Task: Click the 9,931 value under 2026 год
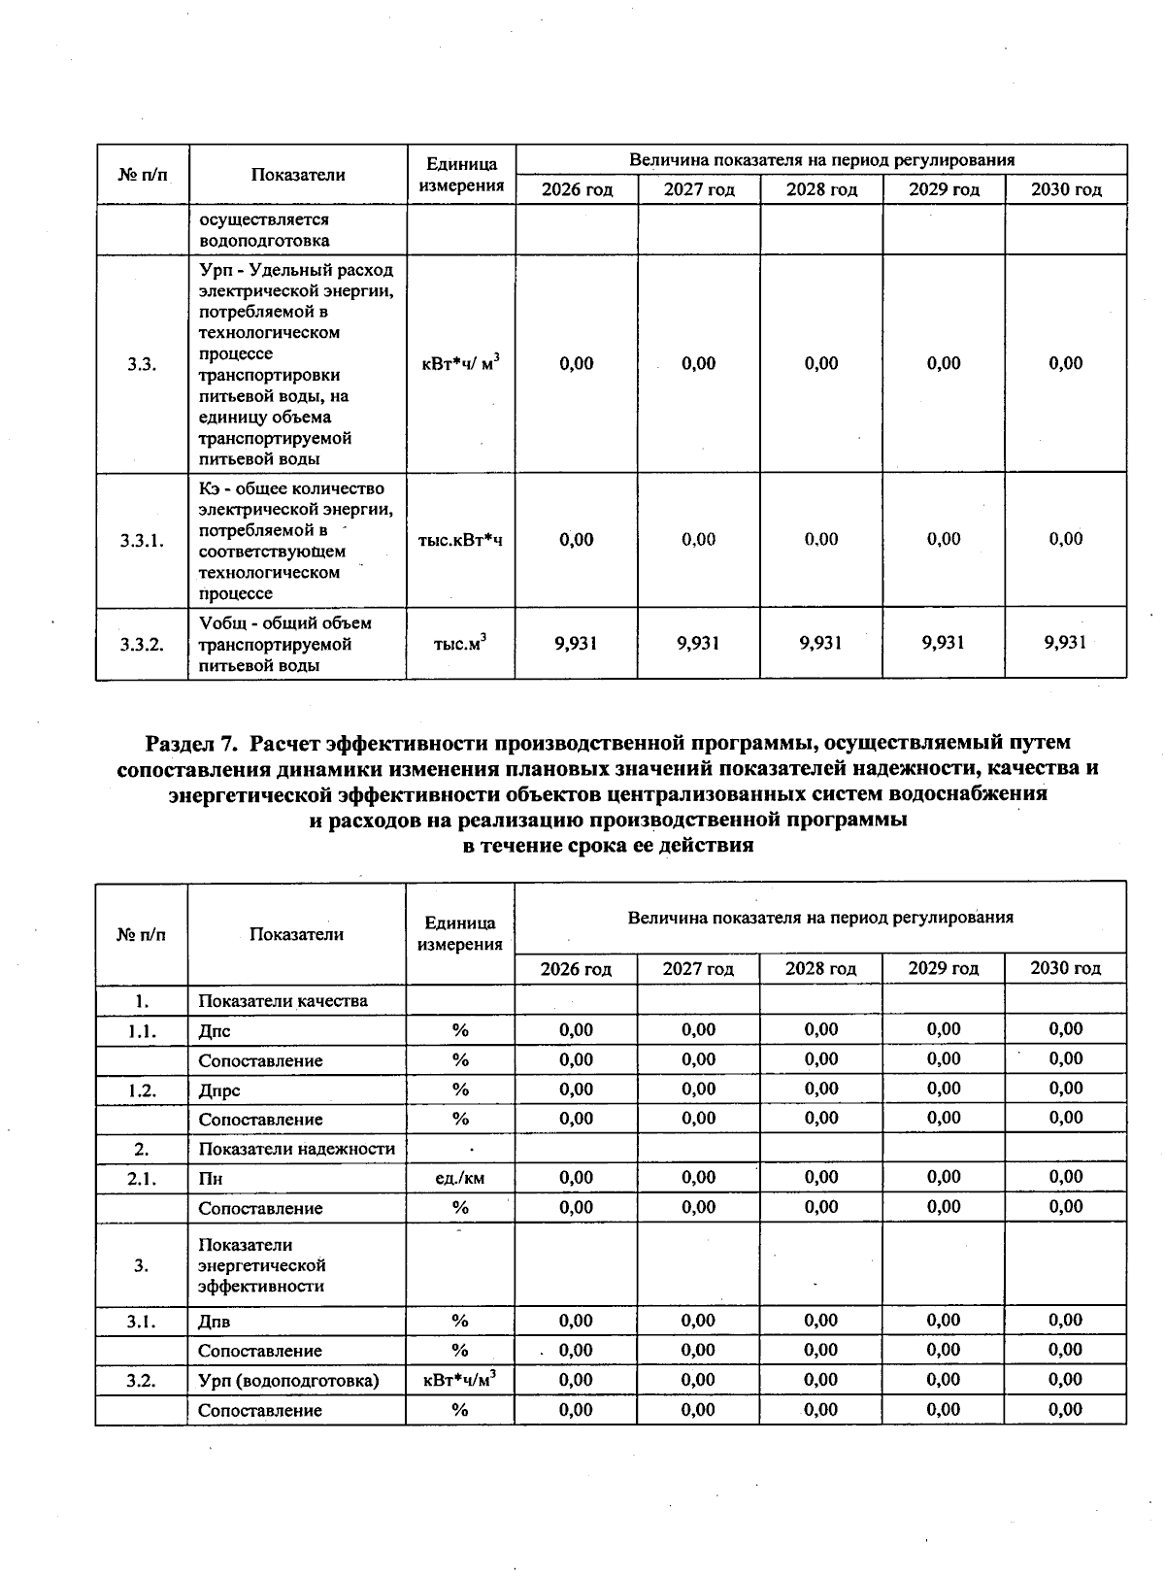point(577,643)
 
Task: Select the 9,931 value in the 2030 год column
point(1065,643)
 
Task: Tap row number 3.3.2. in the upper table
point(142,644)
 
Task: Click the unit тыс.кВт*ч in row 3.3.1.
point(460,540)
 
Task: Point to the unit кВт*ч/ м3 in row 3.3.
point(460,364)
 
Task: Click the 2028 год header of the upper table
point(821,190)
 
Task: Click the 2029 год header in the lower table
point(943,968)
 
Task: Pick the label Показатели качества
point(283,1000)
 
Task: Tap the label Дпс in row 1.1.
point(215,1030)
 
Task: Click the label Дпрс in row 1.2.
point(219,1090)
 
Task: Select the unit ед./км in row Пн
point(460,1178)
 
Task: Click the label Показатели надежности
point(296,1149)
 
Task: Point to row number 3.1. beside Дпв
point(142,1321)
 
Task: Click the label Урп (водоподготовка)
point(288,1380)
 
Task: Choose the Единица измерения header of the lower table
point(460,933)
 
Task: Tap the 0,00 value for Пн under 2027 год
point(698,1178)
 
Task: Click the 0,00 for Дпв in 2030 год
point(1065,1321)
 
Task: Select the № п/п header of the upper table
point(142,175)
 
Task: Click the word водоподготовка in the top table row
point(263,241)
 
